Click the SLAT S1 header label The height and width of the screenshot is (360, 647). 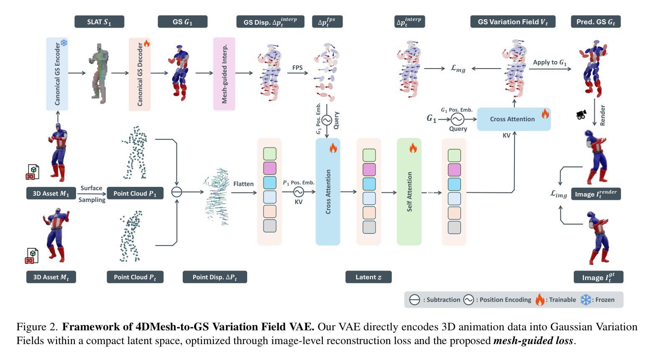click(x=100, y=22)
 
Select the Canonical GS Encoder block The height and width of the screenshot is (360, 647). click(x=57, y=74)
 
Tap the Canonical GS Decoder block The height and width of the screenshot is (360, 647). click(x=140, y=74)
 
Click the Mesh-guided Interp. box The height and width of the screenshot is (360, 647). click(x=224, y=74)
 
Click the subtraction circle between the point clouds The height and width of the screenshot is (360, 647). click(x=176, y=192)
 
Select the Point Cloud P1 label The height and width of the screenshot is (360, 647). click(x=135, y=194)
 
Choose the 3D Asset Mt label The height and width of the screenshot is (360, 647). click(x=51, y=277)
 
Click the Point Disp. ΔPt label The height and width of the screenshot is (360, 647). click(x=215, y=277)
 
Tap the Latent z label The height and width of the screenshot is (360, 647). click(x=368, y=277)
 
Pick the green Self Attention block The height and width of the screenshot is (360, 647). click(x=409, y=191)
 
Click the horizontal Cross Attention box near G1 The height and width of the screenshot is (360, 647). click(x=514, y=119)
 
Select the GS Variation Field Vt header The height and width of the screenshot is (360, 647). click(x=513, y=22)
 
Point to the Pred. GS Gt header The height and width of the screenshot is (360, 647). click(x=596, y=22)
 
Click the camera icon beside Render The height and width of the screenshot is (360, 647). click(x=581, y=115)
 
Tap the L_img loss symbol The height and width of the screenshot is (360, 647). click(x=559, y=194)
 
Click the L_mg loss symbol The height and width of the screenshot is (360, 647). click(x=458, y=69)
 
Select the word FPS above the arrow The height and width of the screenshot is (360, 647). click(x=297, y=68)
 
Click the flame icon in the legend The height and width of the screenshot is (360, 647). click(x=540, y=300)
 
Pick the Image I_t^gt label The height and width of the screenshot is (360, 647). click(x=598, y=277)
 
